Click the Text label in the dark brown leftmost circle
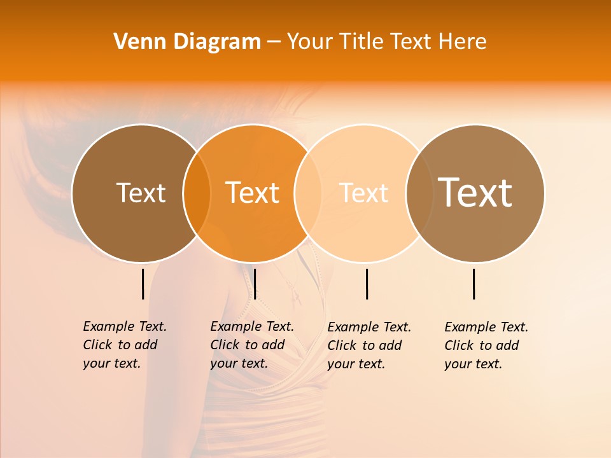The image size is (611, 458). pos(141,193)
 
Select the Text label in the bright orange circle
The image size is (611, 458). pos(252,193)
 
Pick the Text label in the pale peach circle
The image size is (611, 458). pos(364,193)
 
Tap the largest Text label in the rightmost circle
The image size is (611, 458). pos(475,193)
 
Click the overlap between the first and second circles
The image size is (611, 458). pos(197,193)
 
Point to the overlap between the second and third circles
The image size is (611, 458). pos(308,193)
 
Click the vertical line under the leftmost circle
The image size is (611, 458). pos(143,284)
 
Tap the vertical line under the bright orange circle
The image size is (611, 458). pos(255,284)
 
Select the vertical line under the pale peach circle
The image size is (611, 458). pos(367,284)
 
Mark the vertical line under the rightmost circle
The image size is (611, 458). pos(474,284)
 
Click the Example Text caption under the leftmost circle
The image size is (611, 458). pos(125,345)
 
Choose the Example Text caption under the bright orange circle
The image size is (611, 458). pos(252,345)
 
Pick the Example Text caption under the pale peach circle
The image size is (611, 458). pos(369,345)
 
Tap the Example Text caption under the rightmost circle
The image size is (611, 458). pos(486,345)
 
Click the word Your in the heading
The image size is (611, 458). pos(311,42)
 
